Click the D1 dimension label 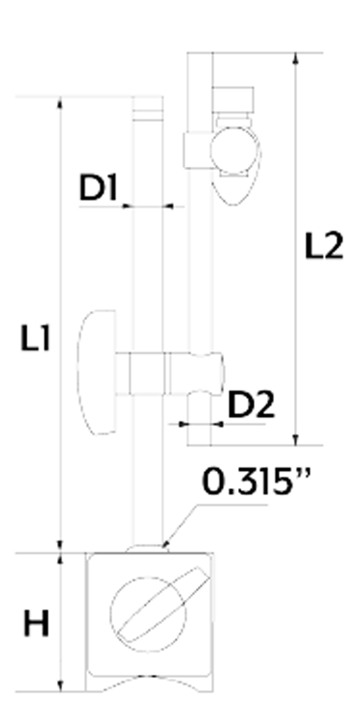pos(98,188)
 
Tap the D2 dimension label pos(251,405)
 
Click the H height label pos(36,624)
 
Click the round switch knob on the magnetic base pos(148,615)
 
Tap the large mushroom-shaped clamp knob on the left pos(96,372)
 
